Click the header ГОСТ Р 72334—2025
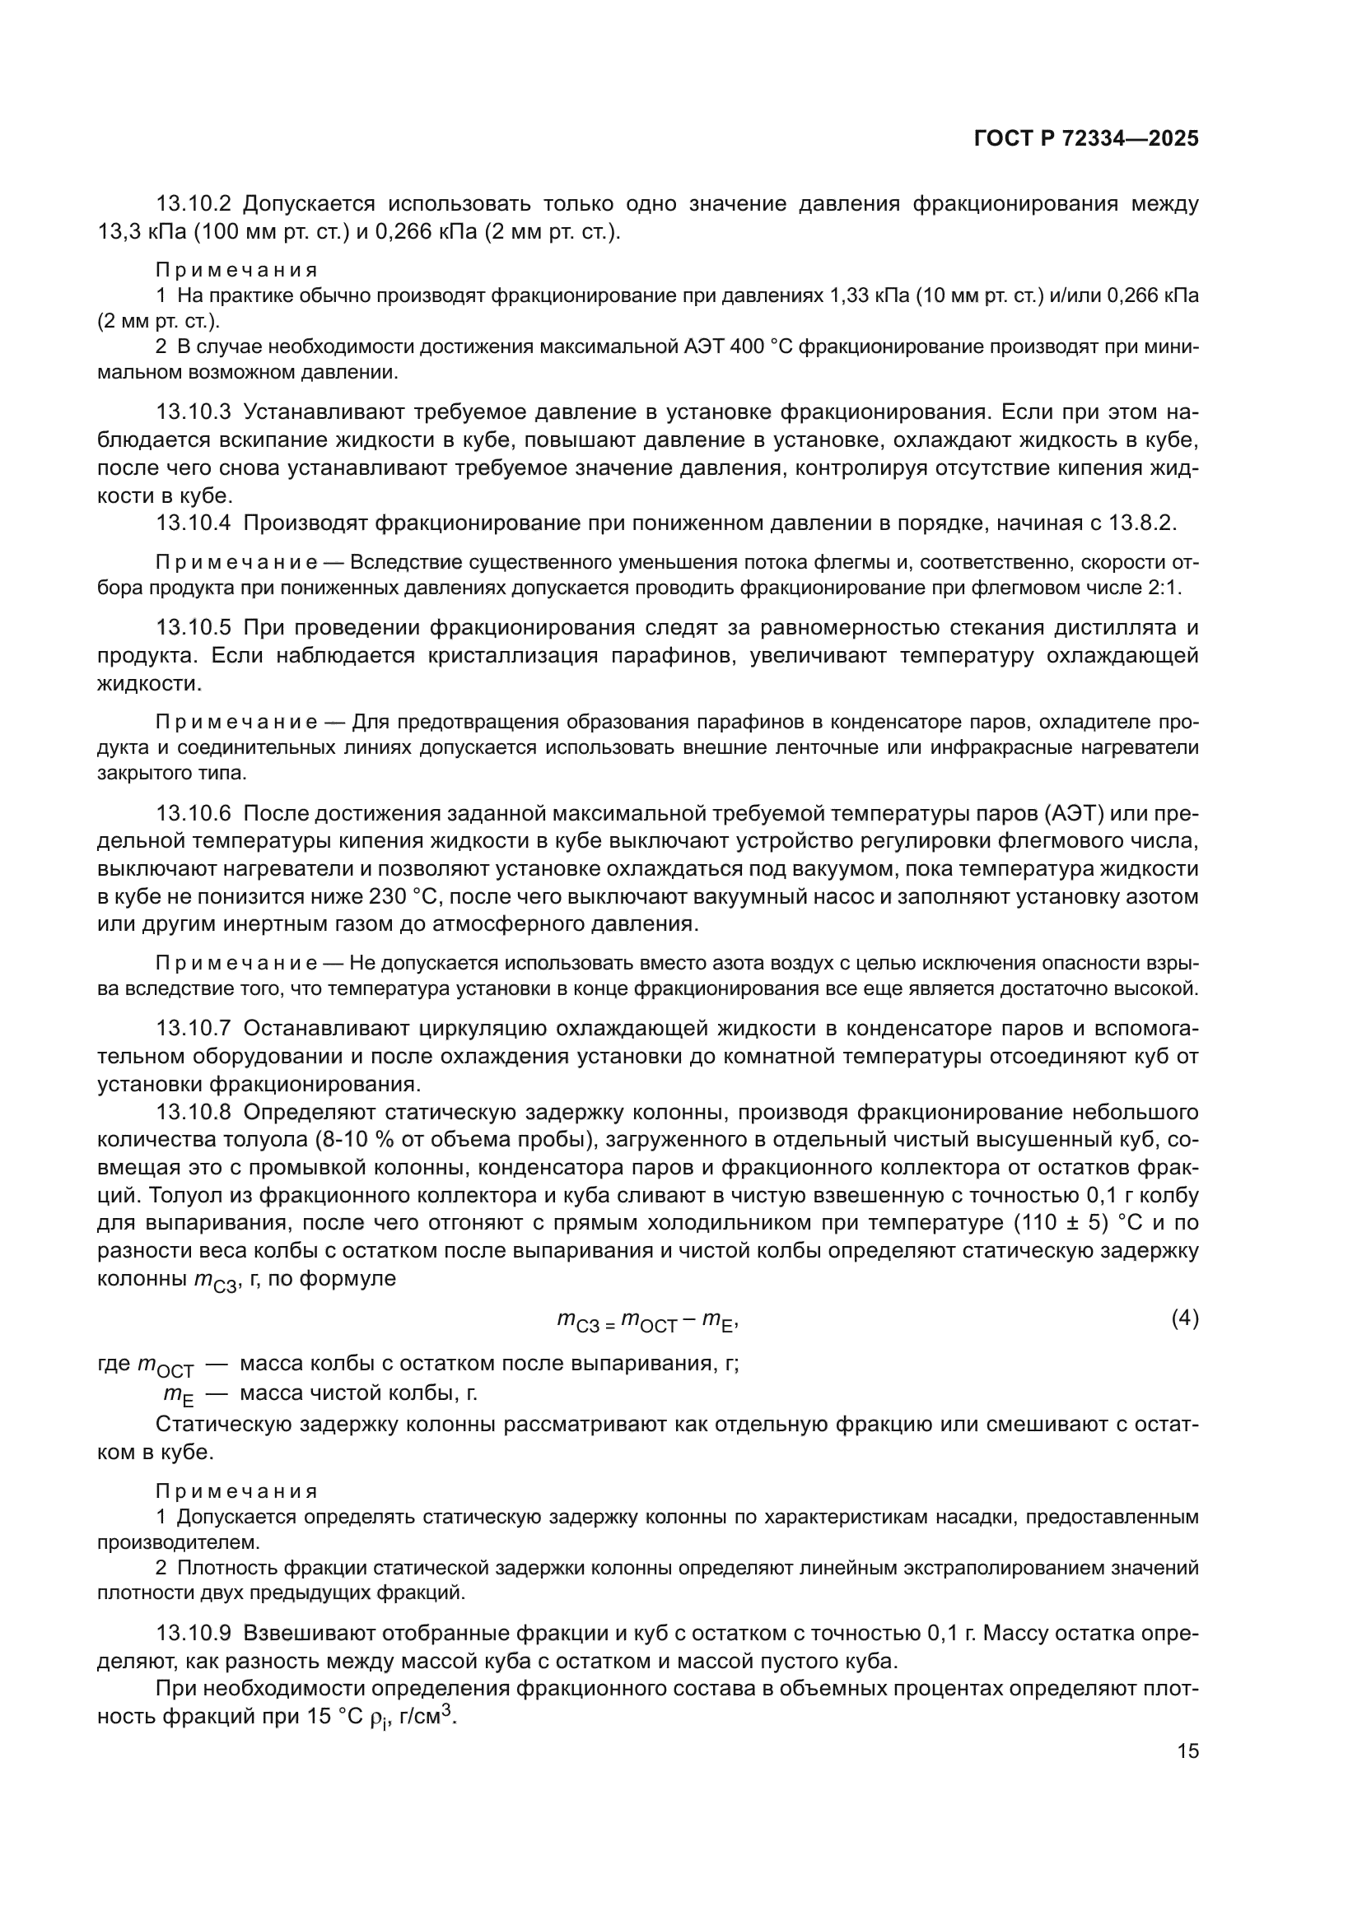coord(1086,139)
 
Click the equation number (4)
coord(1185,1318)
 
